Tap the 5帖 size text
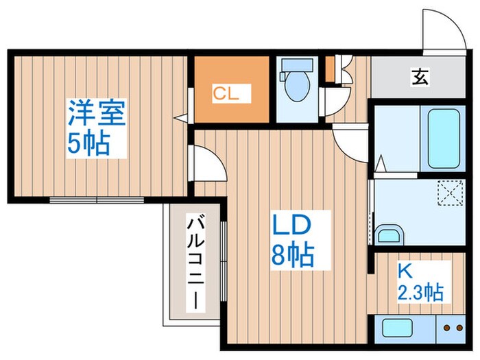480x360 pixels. pyautogui.click(x=88, y=144)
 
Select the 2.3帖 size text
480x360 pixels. pyautogui.click(x=420, y=293)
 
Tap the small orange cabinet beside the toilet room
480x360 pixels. pyautogui.click(x=330, y=67)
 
